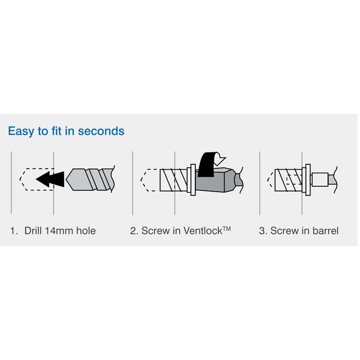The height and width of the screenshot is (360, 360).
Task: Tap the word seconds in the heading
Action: (x=101, y=131)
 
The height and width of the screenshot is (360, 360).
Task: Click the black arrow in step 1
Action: (x=50, y=179)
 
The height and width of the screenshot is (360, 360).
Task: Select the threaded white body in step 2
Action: (x=174, y=180)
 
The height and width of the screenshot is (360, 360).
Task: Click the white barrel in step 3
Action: (x=319, y=180)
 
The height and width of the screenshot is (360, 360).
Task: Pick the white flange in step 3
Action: (x=306, y=180)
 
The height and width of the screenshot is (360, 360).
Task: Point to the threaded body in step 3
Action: (x=288, y=180)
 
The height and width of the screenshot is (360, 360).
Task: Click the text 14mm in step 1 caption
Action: (x=59, y=231)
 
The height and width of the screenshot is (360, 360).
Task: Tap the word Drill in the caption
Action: (x=33, y=231)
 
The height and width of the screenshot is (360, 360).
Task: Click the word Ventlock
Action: (x=202, y=231)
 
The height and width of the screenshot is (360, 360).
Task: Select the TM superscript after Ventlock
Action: (x=226, y=229)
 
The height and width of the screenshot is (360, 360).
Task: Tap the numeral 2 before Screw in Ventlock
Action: (x=133, y=231)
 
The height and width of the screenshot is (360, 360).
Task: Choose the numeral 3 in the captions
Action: (x=262, y=231)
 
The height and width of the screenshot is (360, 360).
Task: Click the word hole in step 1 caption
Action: (x=86, y=231)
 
